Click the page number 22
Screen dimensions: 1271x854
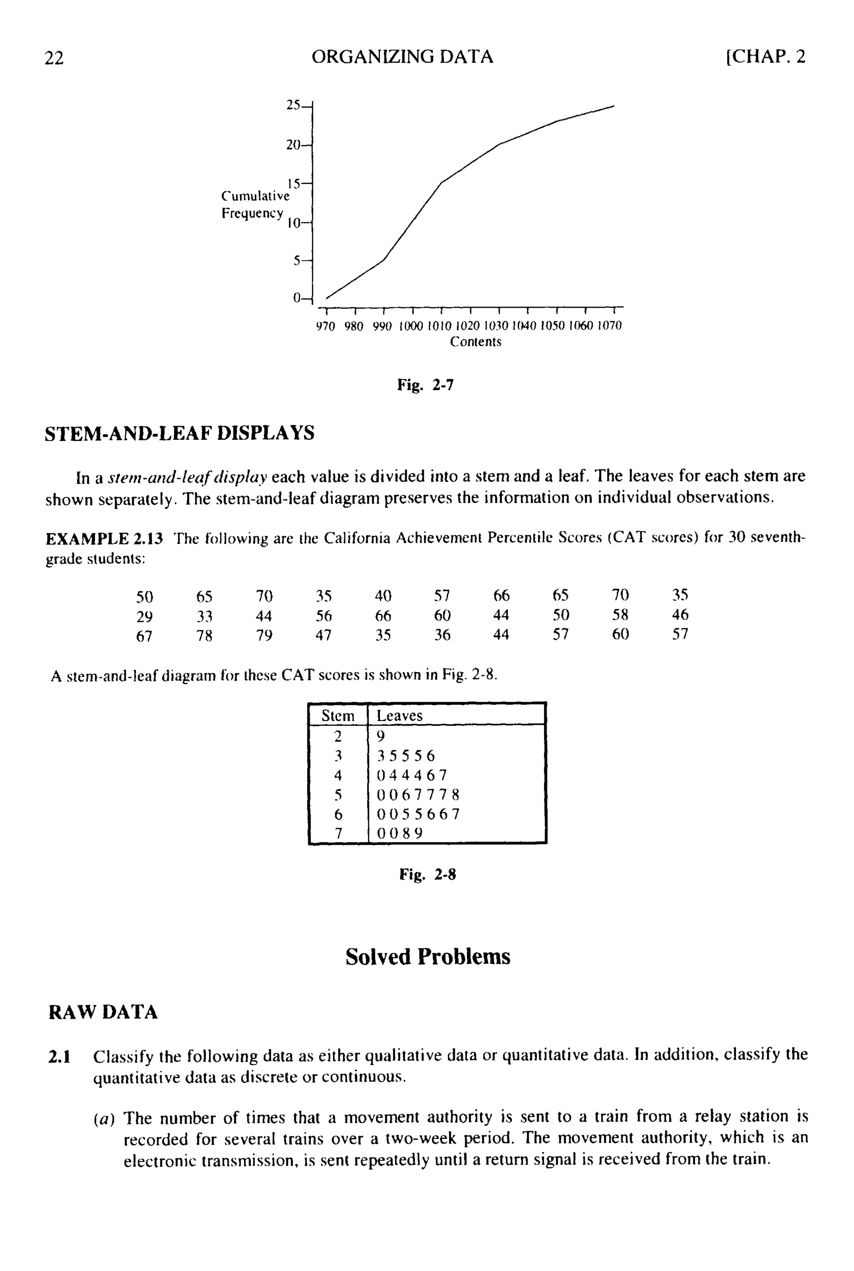click(54, 57)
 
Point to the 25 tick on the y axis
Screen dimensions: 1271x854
click(294, 105)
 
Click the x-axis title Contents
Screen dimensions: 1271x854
click(475, 342)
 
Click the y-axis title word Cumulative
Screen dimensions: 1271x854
click(255, 196)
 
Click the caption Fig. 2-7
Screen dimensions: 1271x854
click(425, 385)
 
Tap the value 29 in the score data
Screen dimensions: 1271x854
click(144, 616)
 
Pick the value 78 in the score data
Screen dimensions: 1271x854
click(204, 636)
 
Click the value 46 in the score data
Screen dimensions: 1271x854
click(680, 615)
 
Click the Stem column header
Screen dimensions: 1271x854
click(338, 715)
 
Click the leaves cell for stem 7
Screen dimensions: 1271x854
click(400, 833)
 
